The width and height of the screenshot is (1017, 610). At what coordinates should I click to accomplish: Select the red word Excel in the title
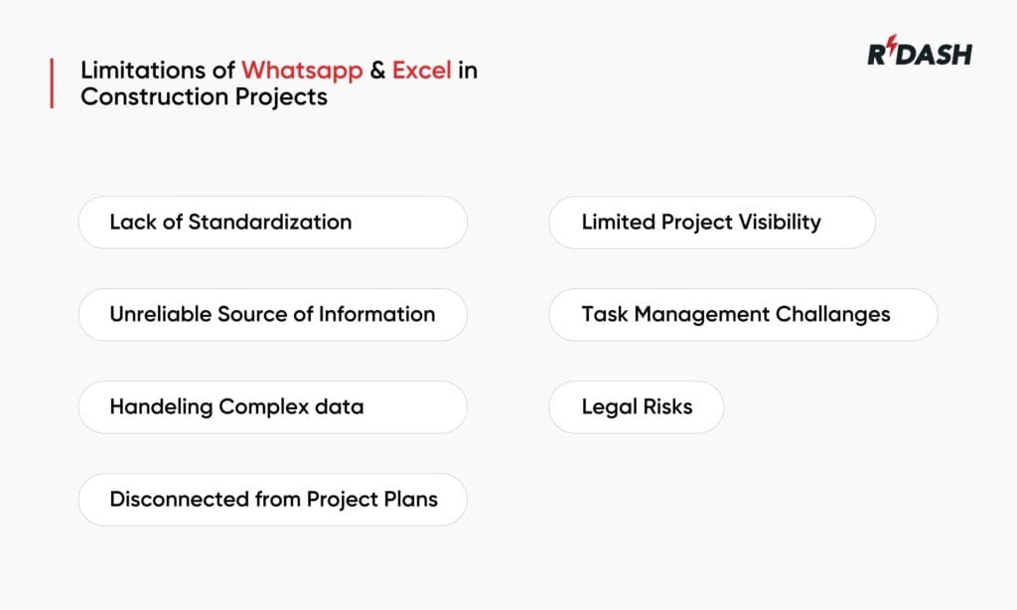pos(422,72)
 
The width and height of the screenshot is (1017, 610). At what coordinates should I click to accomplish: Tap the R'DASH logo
pos(919,55)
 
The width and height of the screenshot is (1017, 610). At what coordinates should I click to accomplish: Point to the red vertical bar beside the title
pos(52,83)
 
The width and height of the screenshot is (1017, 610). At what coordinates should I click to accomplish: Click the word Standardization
pos(269,222)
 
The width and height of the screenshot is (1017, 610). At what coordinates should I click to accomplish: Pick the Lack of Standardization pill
pos(272,222)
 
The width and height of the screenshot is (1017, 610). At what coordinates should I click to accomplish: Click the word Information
pos(376,314)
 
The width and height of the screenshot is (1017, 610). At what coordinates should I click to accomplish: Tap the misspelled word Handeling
pos(161,406)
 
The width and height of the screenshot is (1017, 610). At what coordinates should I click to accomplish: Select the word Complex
pos(260,406)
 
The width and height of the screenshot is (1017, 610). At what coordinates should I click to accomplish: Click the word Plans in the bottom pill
pos(408,499)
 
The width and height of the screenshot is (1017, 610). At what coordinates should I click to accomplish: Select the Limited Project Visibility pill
pos(711,222)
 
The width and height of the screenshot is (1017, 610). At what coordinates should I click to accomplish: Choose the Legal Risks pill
pos(636,406)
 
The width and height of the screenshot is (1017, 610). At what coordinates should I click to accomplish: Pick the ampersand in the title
pos(374,72)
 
